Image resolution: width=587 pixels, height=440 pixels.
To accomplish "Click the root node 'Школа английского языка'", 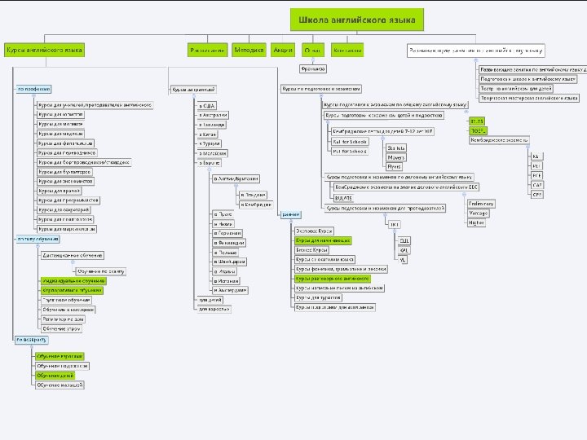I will tap(356, 19).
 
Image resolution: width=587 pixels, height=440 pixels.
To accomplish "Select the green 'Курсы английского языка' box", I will tap(45, 50).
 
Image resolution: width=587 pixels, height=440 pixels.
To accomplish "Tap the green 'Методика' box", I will tap(249, 50).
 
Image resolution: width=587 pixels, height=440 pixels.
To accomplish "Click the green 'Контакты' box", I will tap(349, 50).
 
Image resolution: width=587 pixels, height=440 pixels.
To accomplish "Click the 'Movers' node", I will tap(395, 156).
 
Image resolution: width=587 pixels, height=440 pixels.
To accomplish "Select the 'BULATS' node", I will tap(344, 197).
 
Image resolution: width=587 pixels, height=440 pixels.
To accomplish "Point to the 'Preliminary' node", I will tap(480, 203).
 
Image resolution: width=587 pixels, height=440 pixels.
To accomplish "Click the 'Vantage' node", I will tap(477, 213).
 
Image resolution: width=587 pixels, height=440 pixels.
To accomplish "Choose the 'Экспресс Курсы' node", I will tap(313, 231).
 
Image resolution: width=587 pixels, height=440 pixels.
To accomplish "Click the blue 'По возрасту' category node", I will tap(30, 338).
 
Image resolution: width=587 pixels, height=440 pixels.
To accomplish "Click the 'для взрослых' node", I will tap(215, 309).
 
